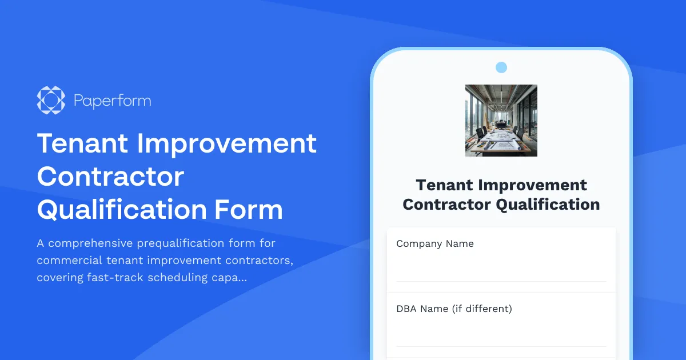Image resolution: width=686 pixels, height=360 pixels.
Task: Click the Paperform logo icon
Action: (x=51, y=100)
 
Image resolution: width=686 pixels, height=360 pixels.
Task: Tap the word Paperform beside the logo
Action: (x=112, y=101)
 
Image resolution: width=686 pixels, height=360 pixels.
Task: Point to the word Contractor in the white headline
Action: (x=110, y=176)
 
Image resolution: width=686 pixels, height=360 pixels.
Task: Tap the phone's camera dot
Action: (x=501, y=67)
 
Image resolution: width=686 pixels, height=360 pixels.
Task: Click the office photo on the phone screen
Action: (x=501, y=121)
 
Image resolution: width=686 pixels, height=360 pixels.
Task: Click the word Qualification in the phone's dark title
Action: (x=548, y=204)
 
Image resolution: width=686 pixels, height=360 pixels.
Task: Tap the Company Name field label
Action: (x=435, y=243)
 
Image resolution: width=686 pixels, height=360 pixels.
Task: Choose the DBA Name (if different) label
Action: (x=454, y=309)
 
